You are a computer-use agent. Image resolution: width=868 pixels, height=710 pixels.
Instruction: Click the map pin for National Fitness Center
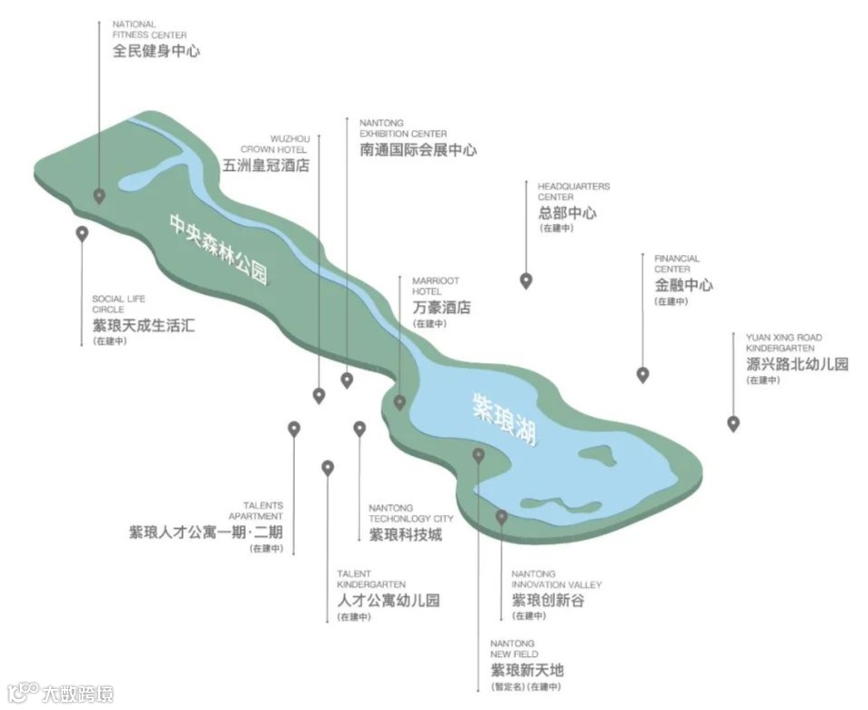[99, 195]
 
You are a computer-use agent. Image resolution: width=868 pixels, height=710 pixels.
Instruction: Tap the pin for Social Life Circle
[82, 233]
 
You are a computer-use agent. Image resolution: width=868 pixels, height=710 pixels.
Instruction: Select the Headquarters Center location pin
[525, 280]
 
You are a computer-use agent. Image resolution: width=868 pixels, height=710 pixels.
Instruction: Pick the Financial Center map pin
[642, 374]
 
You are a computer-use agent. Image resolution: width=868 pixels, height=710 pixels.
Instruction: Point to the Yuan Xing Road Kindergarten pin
[733, 423]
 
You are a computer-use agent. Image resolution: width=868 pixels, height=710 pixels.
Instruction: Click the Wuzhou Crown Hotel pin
[318, 395]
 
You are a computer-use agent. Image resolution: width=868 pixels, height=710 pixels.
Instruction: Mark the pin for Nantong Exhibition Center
[347, 380]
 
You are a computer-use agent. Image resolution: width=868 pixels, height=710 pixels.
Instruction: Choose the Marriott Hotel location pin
[399, 402]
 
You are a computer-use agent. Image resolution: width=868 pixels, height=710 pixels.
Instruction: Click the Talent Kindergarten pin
[328, 467]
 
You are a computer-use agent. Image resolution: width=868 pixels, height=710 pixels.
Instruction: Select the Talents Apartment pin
[294, 428]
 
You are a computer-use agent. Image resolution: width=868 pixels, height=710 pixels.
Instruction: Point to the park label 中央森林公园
[218, 248]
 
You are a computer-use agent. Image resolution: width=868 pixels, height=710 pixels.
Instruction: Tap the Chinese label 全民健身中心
[156, 51]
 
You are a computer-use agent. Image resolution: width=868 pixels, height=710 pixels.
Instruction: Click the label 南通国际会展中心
[418, 149]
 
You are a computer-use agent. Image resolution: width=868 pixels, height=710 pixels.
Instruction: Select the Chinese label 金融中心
[683, 285]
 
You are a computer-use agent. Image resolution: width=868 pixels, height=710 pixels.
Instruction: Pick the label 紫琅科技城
[405, 534]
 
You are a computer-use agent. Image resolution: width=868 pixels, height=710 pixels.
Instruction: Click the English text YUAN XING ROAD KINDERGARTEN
[783, 343]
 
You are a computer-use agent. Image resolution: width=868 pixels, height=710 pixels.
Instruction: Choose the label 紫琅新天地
[527, 671]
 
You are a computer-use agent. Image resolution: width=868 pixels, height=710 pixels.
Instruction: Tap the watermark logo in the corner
[60, 694]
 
